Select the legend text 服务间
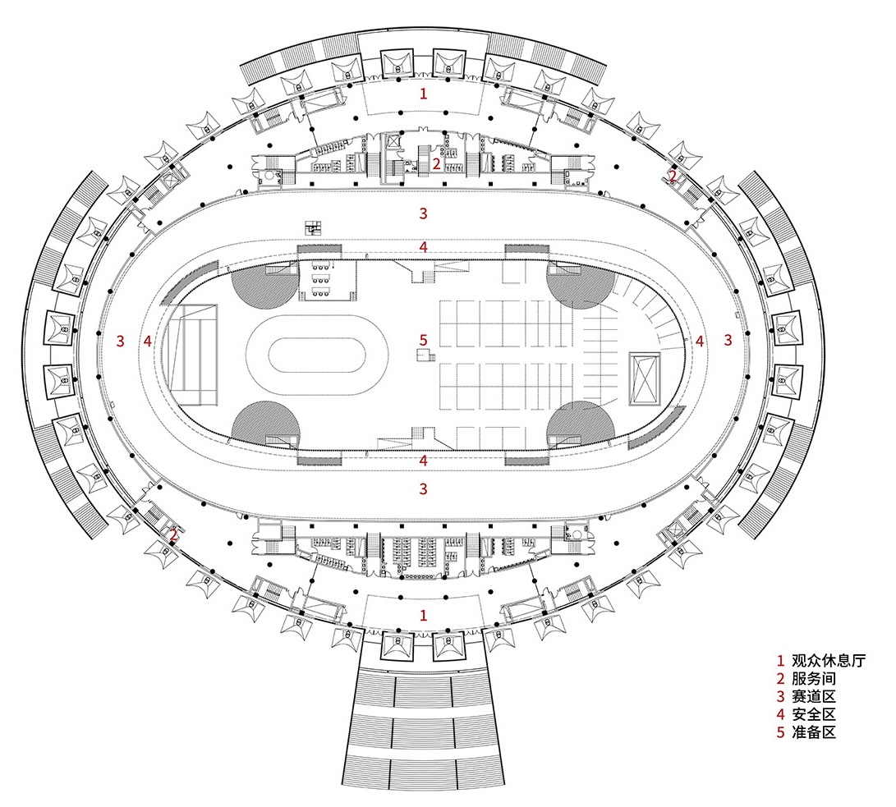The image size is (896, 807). coord(813,679)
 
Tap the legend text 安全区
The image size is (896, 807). coord(813,715)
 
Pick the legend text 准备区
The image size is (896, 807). coord(813,733)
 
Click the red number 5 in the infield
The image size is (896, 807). coord(424,339)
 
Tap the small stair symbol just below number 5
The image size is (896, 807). coord(425,355)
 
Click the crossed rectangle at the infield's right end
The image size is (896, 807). coord(643,378)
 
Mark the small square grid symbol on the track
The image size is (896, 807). coord(314,227)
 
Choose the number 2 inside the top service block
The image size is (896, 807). coord(437,163)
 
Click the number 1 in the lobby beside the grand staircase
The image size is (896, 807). coord(424,615)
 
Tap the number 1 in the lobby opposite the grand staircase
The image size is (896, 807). coord(424,94)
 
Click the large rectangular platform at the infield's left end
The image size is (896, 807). coord(191,355)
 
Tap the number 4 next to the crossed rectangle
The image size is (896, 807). coord(700,340)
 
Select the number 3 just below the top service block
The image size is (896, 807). coord(424,213)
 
